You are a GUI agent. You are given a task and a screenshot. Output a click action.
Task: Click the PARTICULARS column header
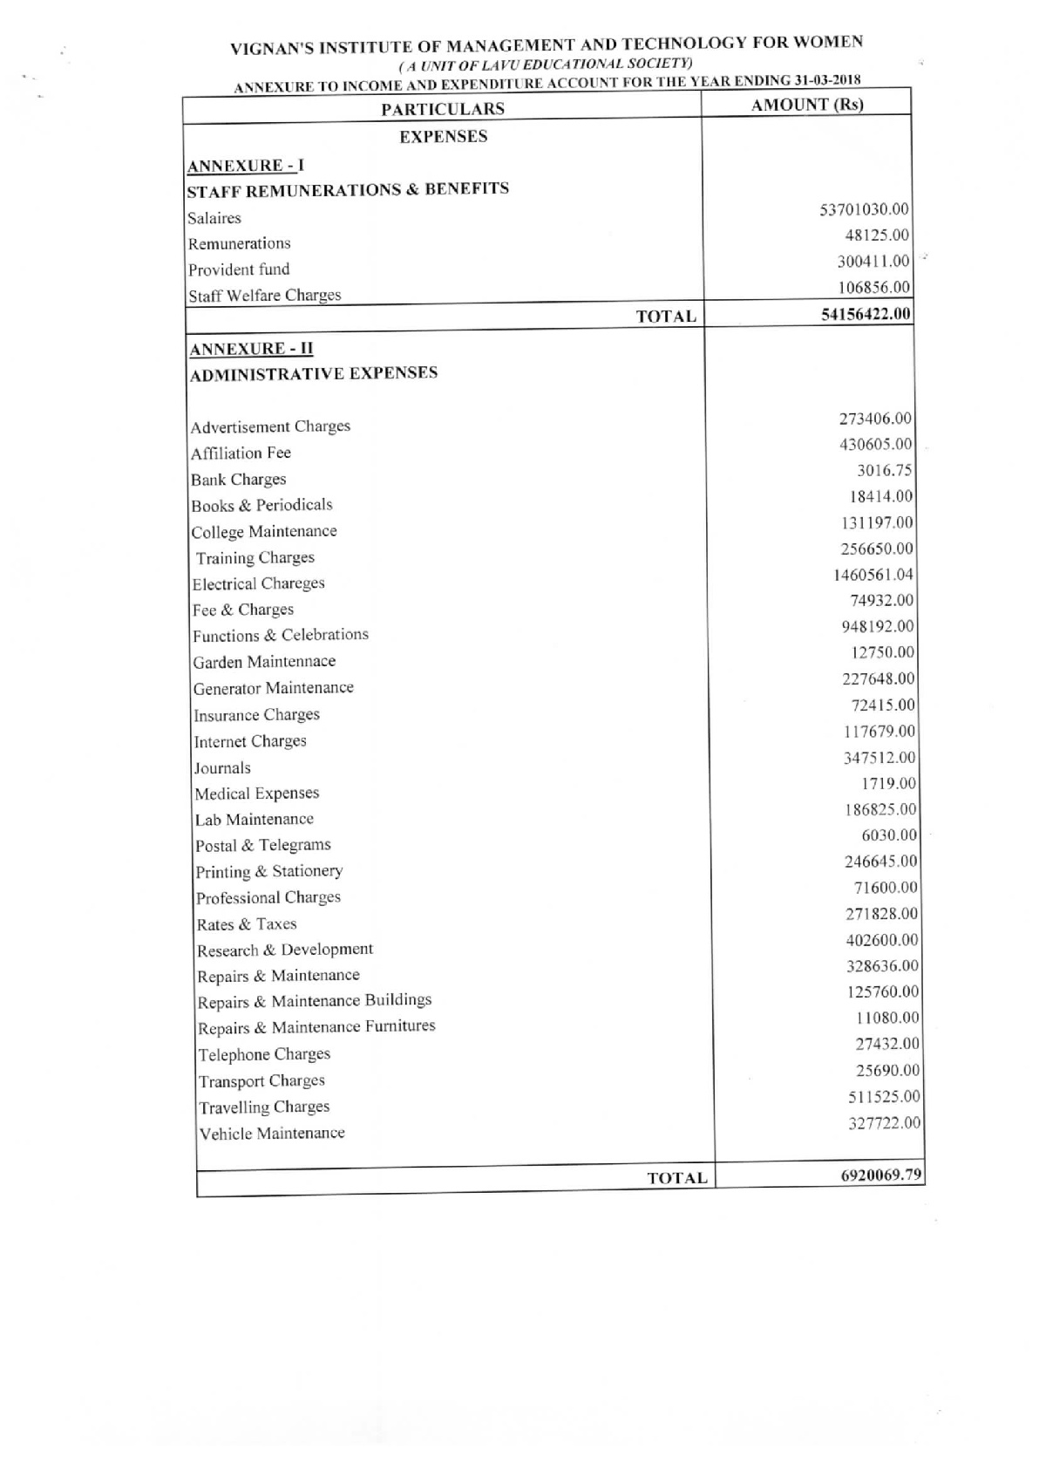click(443, 108)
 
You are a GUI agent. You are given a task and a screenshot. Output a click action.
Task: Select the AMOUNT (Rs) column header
click(807, 105)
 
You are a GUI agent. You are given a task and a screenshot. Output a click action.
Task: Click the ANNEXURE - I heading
click(246, 166)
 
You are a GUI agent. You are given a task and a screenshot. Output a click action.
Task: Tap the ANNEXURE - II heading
click(251, 349)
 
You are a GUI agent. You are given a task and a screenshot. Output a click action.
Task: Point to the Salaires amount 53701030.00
click(864, 209)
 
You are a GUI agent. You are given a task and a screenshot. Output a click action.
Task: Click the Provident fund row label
click(239, 269)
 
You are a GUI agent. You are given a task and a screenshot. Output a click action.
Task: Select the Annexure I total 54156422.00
click(866, 314)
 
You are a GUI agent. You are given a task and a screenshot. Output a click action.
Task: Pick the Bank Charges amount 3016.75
click(884, 471)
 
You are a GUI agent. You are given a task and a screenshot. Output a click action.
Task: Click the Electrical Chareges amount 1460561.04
click(873, 575)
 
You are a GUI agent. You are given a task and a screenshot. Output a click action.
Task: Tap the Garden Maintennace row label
click(264, 662)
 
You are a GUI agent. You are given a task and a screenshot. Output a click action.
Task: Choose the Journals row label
click(222, 768)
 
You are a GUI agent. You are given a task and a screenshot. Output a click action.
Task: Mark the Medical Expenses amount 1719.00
click(888, 784)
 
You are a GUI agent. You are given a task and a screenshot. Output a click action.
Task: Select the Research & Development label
click(285, 950)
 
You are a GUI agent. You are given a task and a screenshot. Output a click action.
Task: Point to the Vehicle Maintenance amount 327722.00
click(884, 1123)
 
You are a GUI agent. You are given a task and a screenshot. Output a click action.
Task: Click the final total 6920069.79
click(880, 1175)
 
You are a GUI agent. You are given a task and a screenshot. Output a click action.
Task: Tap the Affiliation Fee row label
click(241, 453)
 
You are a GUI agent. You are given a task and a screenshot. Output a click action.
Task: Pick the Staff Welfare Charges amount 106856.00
click(874, 288)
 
